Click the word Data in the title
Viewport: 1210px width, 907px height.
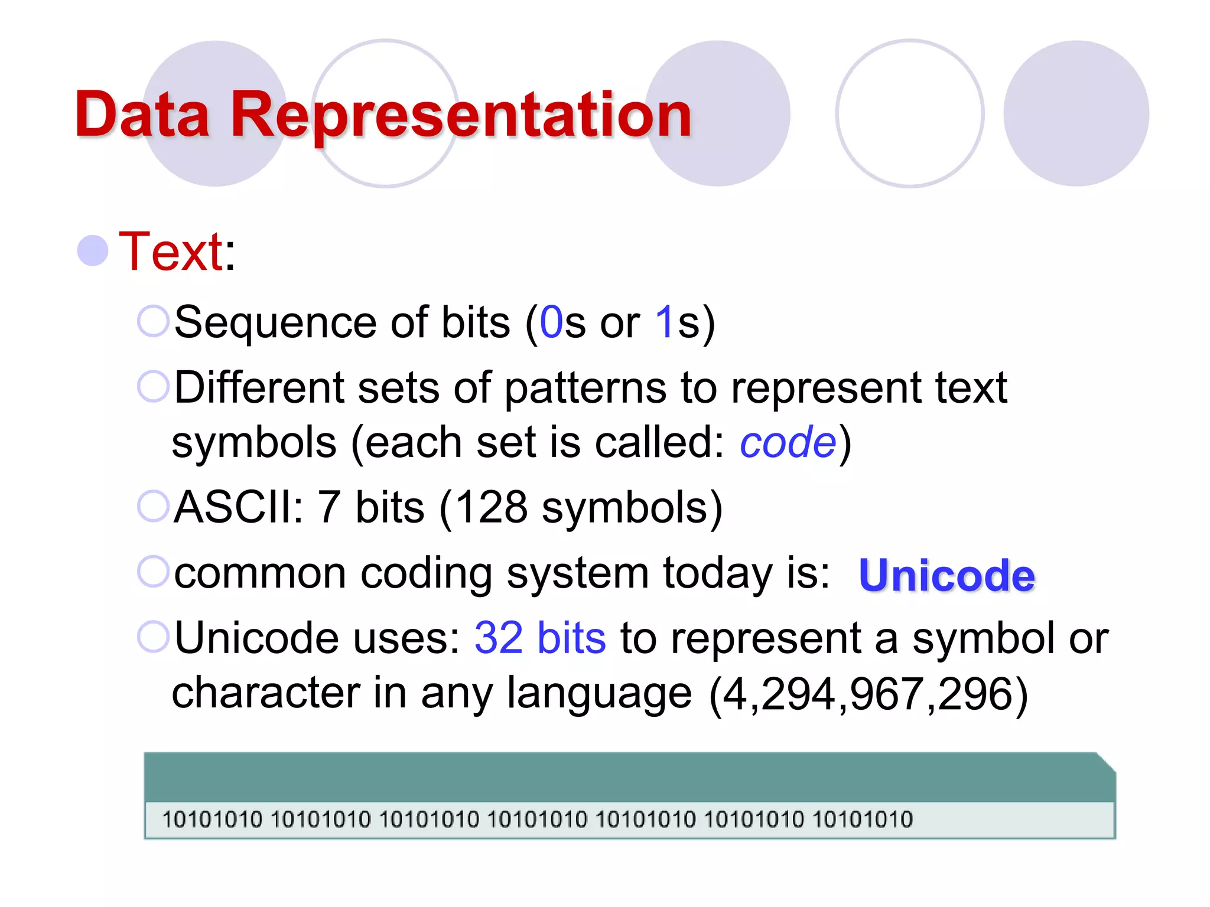142,115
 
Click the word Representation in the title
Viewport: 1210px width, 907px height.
461,115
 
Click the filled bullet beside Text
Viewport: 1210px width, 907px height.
93,250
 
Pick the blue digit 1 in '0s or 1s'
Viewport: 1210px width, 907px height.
665,322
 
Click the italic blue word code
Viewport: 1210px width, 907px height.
788,443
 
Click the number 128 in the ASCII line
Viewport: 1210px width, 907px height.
492,507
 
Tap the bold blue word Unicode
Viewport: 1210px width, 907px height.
946,575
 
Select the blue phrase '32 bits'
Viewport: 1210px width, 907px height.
540,638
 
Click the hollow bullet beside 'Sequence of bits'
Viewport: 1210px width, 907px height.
154,322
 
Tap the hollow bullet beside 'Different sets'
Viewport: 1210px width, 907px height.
154,387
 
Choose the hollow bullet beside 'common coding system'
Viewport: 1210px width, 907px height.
154,572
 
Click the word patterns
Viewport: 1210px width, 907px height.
585,389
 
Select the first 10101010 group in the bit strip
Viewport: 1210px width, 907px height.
212,820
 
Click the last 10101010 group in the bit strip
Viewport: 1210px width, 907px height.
863,820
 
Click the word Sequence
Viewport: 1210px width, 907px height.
275,322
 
